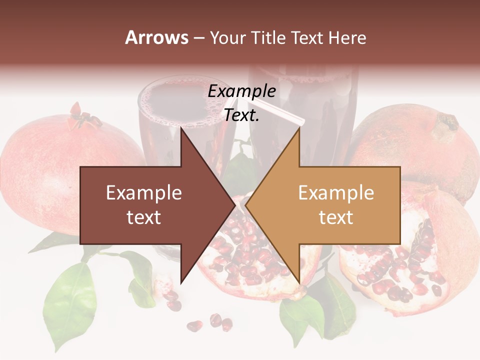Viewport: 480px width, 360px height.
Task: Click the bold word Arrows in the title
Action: coord(157,37)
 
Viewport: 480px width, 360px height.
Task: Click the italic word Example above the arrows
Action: coord(242,91)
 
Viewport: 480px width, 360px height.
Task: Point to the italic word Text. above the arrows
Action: coord(242,115)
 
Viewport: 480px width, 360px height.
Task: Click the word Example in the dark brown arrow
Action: coord(144,193)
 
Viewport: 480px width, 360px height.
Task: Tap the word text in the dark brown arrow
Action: coord(144,217)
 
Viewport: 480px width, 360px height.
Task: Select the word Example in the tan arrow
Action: coord(336,193)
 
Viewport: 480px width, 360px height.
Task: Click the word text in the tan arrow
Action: coord(336,217)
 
